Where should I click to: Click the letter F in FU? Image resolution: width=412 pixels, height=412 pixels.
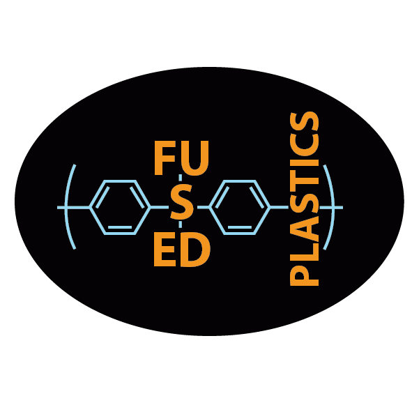(165, 158)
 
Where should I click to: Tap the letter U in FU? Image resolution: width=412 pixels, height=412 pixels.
(195, 158)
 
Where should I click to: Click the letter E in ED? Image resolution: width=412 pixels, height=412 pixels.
(165, 249)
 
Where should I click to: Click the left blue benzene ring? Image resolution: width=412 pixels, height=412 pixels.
(90, 208)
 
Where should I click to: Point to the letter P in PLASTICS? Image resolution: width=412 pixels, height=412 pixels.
(304, 276)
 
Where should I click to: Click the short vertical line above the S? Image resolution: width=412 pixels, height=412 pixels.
(181, 178)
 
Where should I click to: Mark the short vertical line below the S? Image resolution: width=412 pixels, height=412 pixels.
(181, 224)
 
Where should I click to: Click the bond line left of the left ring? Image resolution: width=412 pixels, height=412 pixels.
(74, 208)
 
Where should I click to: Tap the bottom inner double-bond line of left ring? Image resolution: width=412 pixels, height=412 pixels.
(120, 227)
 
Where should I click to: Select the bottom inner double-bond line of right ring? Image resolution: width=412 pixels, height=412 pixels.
(240, 227)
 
